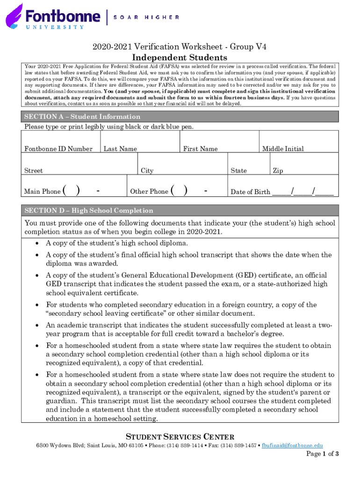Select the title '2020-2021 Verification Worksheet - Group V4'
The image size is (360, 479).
click(x=180, y=46)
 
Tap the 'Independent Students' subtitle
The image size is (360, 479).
click(x=180, y=58)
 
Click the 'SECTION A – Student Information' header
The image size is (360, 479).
click(x=82, y=116)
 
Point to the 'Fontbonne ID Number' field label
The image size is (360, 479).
click(x=58, y=149)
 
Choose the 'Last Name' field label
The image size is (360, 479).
click(x=120, y=149)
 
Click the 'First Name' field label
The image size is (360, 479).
click(x=200, y=149)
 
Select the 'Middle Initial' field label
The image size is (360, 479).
click(x=282, y=149)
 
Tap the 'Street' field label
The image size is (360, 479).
click(x=34, y=171)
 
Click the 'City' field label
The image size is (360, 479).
click(x=147, y=171)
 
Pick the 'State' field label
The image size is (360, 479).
click(x=238, y=171)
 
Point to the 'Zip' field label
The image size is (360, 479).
click(x=278, y=171)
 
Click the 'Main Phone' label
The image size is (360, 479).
click(x=43, y=191)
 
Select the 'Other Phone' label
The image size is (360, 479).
click(x=149, y=191)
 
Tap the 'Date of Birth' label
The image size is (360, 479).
click(x=251, y=192)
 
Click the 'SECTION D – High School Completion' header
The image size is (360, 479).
click(x=89, y=210)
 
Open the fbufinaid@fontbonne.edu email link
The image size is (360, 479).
click(x=292, y=446)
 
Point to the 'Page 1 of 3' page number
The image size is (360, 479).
click(x=322, y=454)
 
